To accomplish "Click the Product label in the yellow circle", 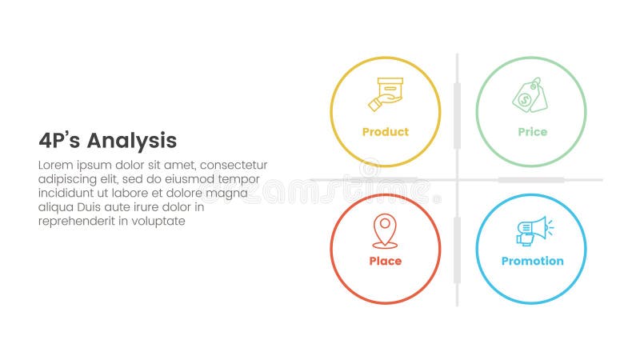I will click(385, 132).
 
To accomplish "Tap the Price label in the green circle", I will click(532, 132).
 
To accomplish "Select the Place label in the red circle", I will click(385, 261).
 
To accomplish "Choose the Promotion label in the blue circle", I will click(532, 261).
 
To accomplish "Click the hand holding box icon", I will click(385, 94).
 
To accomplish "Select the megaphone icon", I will click(534, 230).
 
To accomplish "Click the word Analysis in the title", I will click(131, 141).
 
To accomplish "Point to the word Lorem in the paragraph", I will click(55, 165).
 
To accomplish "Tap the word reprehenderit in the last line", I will click(75, 221).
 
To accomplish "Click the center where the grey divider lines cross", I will click(457, 180).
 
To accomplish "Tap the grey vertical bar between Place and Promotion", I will click(457, 250).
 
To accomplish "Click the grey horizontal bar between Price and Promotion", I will click(530, 180).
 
